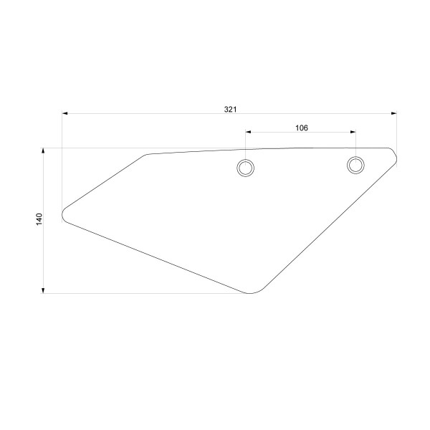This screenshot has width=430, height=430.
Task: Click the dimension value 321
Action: [230, 110]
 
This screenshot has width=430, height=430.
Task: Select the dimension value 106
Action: [301, 128]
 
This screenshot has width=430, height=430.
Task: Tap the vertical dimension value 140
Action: [39, 219]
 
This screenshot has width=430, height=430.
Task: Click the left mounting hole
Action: [246, 168]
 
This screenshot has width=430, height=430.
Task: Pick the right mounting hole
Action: [355, 165]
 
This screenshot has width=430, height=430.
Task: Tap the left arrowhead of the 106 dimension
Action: [249, 132]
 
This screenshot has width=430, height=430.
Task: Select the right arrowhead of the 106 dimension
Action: [352, 132]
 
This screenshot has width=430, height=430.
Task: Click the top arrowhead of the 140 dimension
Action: [44, 150]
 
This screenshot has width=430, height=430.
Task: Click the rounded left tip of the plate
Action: [64, 213]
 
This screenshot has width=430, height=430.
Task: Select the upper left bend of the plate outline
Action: [147, 155]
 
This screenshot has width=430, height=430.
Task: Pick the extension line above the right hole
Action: [355, 143]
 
